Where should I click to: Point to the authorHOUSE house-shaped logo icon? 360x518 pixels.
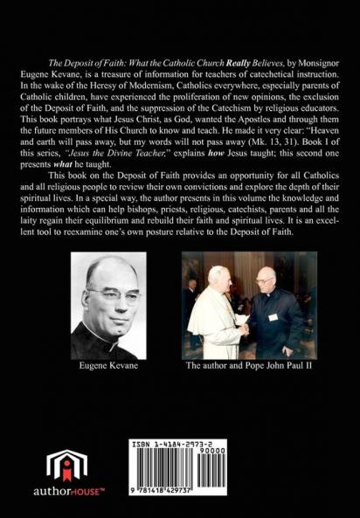click(x=66, y=468)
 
